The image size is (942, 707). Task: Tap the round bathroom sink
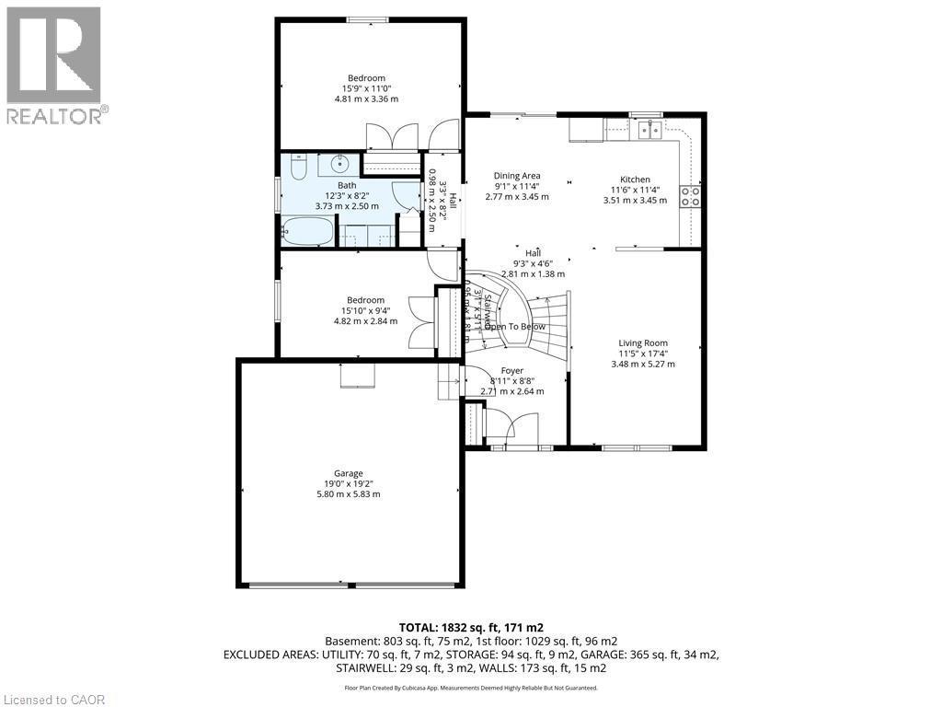[339, 166]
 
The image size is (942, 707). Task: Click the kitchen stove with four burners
[689, 195]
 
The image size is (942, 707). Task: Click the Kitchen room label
[635, 180]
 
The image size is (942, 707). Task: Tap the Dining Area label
[517, 176]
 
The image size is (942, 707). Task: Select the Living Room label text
[643, 342]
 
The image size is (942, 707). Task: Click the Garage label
[348, 473]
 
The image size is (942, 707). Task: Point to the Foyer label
[511, 371]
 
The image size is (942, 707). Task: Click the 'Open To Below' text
[515, 327]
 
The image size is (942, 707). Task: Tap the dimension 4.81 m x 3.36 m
[366, 99]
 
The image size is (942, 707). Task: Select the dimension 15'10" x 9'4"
[365, 310]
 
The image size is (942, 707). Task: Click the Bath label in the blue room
[346, 185]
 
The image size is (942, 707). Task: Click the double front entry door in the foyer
[512, 429]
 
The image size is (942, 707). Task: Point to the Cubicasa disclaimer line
[471, 688]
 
